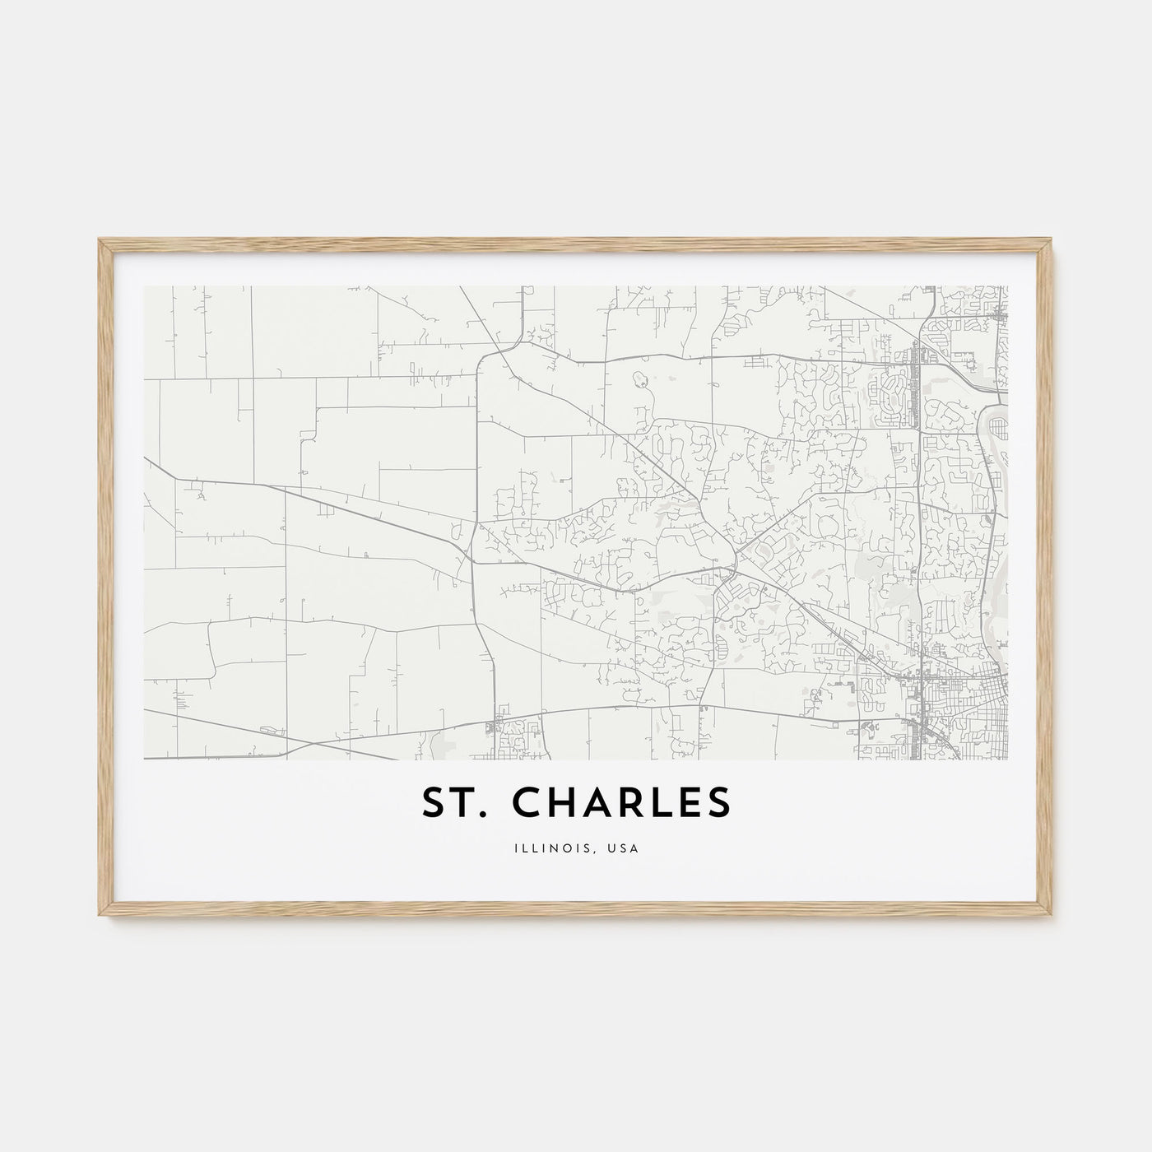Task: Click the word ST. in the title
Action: (x=452, y=804)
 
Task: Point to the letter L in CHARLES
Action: (x=666, y=804)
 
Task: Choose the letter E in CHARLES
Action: (x=692, y=804)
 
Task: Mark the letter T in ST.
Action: (x=463, y=804)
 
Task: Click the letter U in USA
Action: (x=615, y=845)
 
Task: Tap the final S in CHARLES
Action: (x=719, y=804)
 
